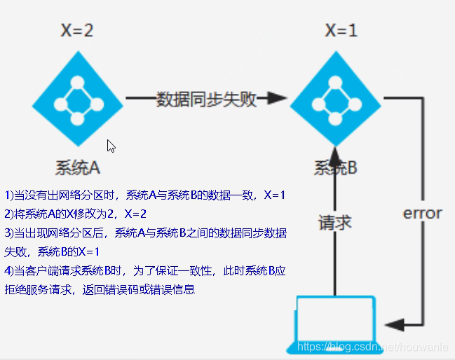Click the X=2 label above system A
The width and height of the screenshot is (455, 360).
(x=77, y=32)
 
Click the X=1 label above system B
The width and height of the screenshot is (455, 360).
(x=342, y=32)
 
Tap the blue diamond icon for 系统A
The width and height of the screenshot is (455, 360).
(x=77, y=99)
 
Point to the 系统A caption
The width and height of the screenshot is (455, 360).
(x=77, y=168)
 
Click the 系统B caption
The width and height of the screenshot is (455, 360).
(x=335, y=168)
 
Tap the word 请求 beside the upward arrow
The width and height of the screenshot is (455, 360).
(x=334, y=223)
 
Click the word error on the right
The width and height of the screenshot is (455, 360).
(x=422, y=213)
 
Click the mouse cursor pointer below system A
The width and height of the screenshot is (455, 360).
(x=111, y=146)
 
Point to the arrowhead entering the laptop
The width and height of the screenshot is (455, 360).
(x=393, y=324)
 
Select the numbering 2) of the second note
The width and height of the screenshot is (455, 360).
(x=9, y=214)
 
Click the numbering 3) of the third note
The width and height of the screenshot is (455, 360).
(x=9, y=233)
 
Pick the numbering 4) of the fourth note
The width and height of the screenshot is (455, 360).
(x=9, y=270)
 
